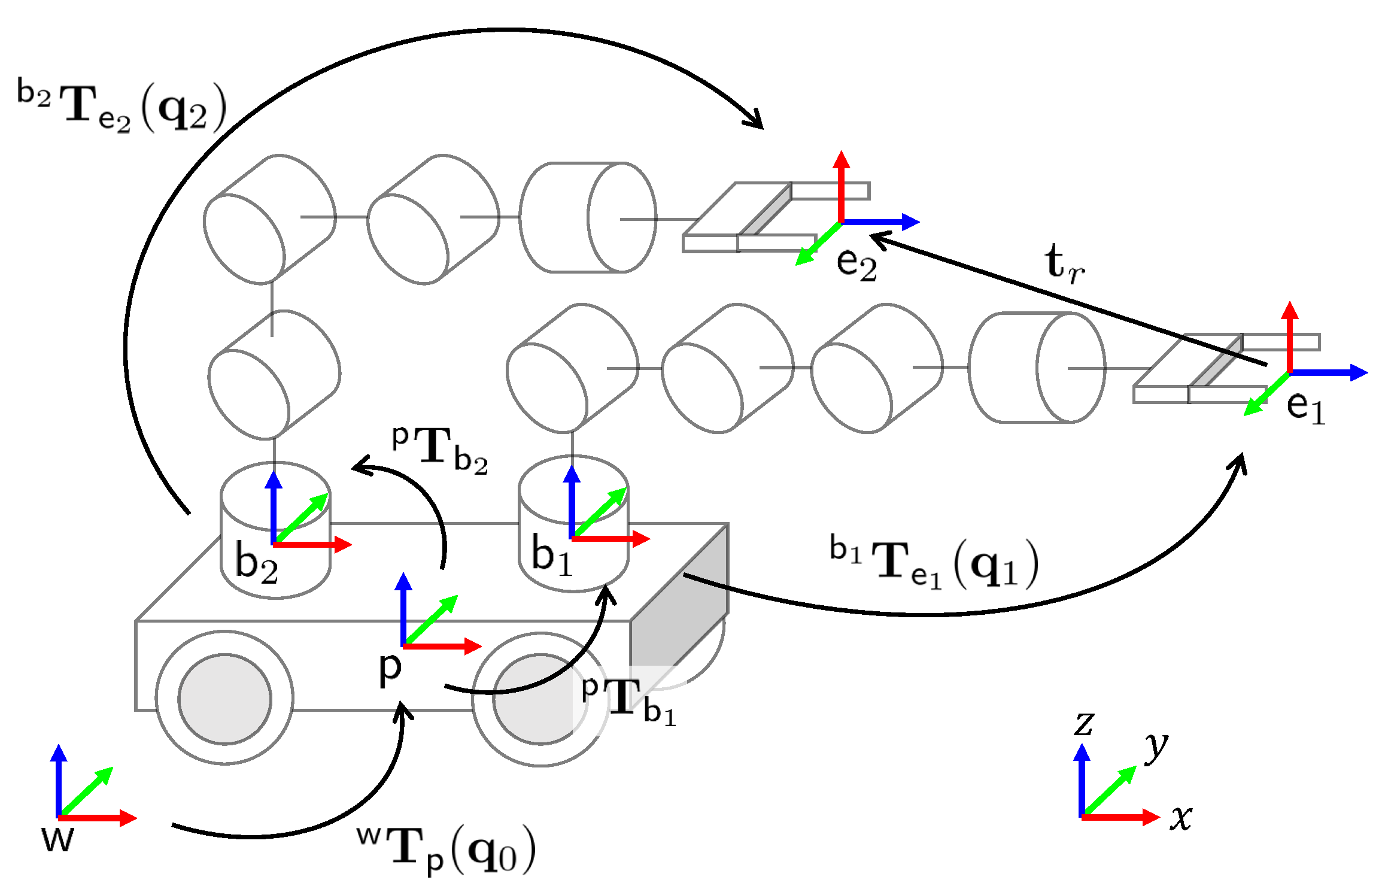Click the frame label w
[x=58, y=839]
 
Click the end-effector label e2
[x=857, y=263]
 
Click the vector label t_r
[x=1065, y=263]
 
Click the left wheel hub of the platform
[x=224, y=699]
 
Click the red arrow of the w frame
[x=102, y=818]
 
